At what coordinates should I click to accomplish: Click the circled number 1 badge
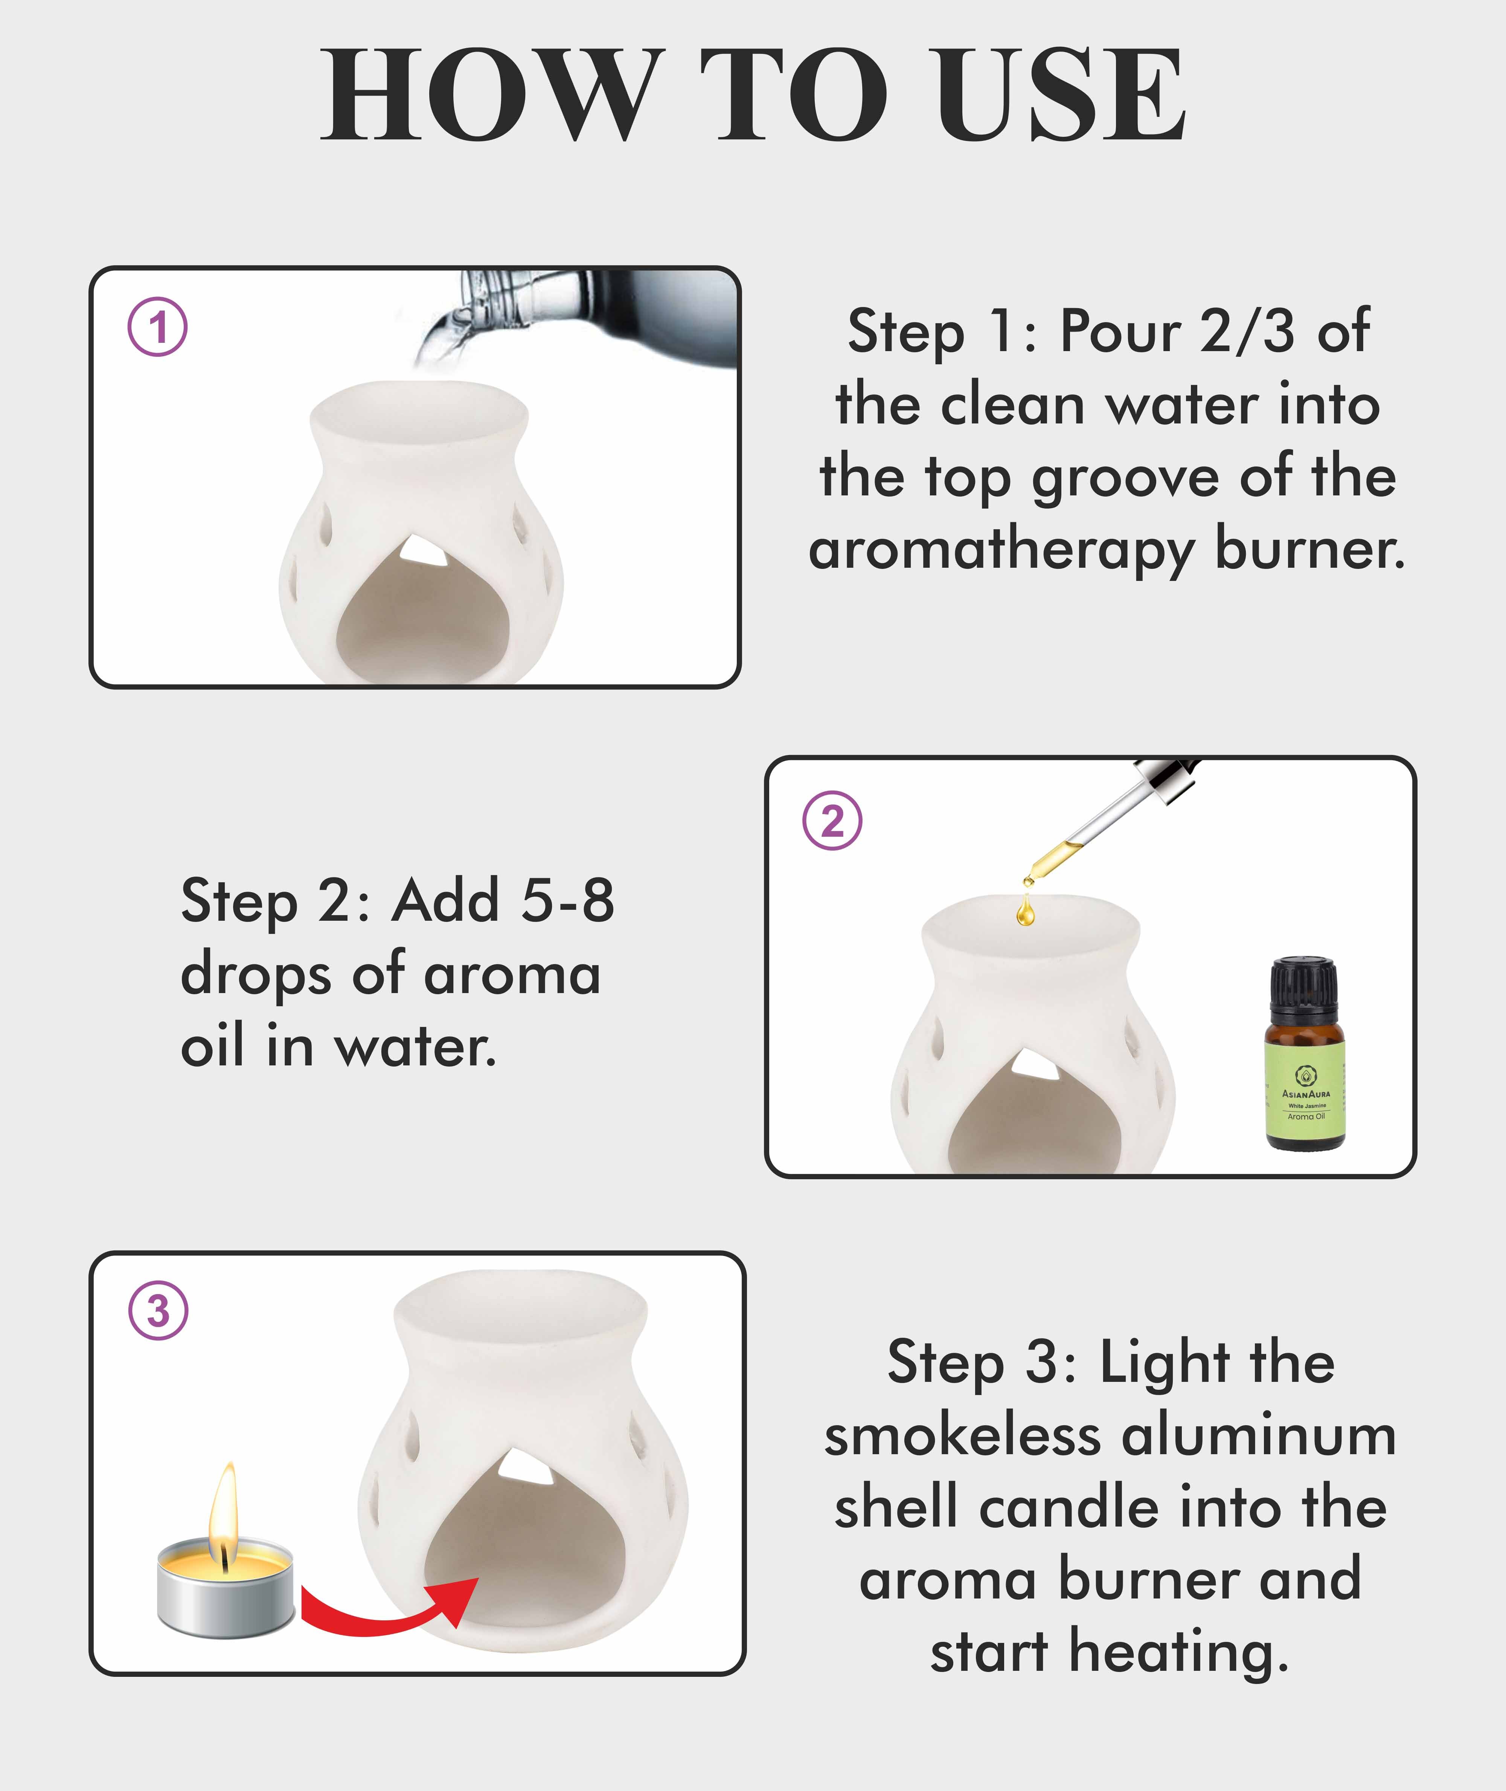[x=158, y=327]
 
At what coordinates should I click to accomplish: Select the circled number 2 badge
[x=832, y=821]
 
